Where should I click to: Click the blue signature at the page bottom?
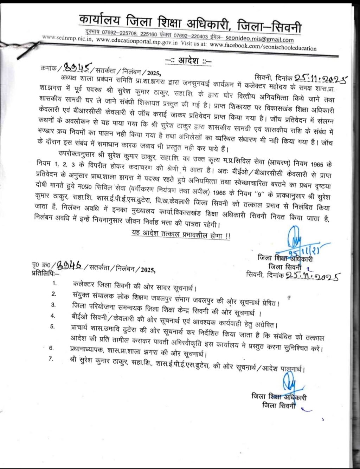click(289, 380)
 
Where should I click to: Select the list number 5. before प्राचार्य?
click(53, 326)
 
